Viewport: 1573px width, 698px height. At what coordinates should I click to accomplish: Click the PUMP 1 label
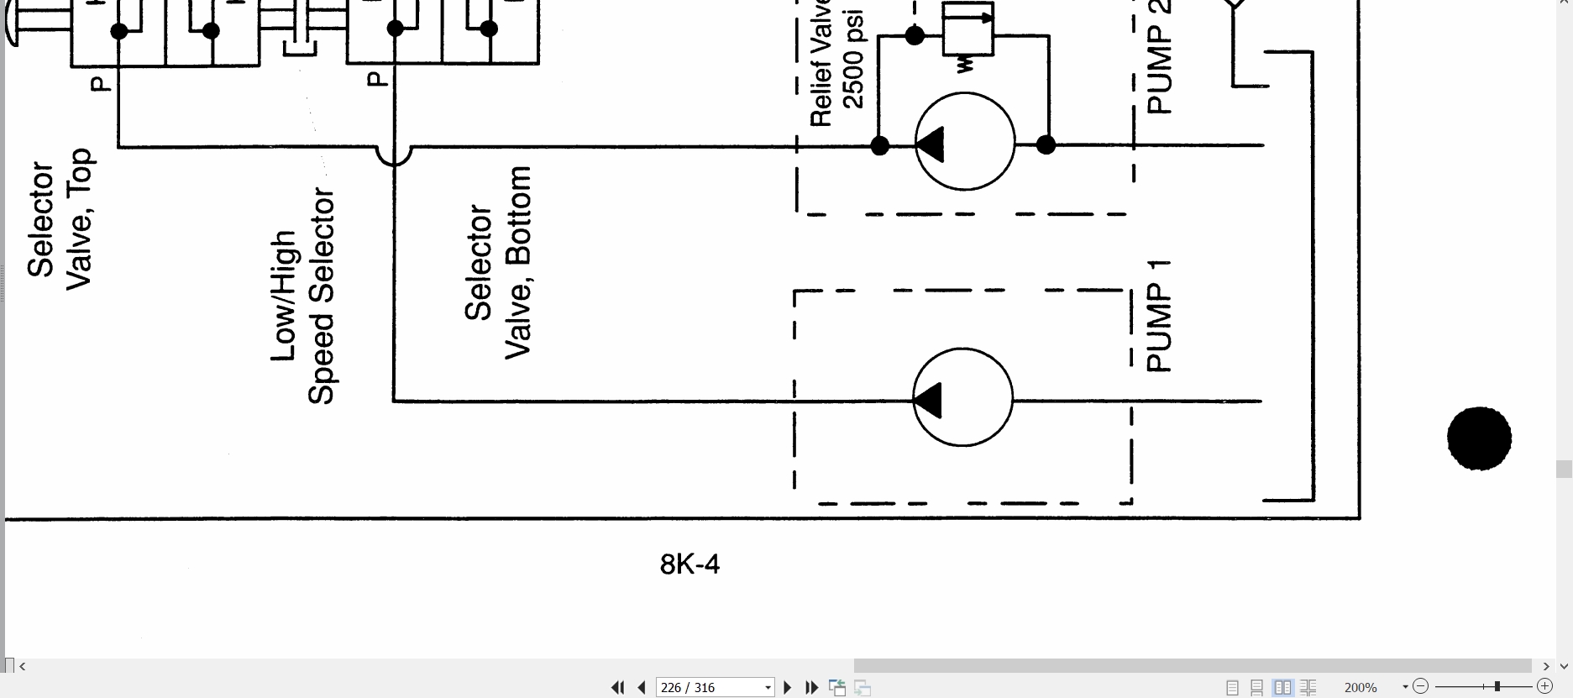click(1158, 316)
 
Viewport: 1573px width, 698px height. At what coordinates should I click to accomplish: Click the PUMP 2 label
click(1158, 57)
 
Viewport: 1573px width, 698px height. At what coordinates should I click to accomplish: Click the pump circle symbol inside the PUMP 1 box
click(963, 397)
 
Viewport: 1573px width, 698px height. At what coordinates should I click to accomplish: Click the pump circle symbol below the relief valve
click(965, 141)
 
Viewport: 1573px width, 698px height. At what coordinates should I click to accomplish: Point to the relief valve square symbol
click(967, 29)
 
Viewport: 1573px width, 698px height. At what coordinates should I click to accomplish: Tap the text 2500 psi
click(852, 60)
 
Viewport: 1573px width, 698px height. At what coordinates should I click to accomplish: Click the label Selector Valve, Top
click(60, 219)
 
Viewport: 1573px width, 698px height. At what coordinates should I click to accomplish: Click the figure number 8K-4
click(689, 564)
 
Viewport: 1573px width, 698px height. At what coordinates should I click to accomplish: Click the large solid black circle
click(1479, 438)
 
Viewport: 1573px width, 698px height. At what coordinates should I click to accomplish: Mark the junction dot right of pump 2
click(1046, 145)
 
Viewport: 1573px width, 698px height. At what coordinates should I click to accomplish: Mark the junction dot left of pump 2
click(879, 146)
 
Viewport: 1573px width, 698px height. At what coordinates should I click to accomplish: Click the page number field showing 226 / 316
click(715, 687)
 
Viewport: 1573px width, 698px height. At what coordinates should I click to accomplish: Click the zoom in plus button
click(1544, 687)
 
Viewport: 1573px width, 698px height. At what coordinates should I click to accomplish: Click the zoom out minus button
click(1420, 687)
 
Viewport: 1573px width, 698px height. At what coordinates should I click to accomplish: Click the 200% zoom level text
click(1361, 687)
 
